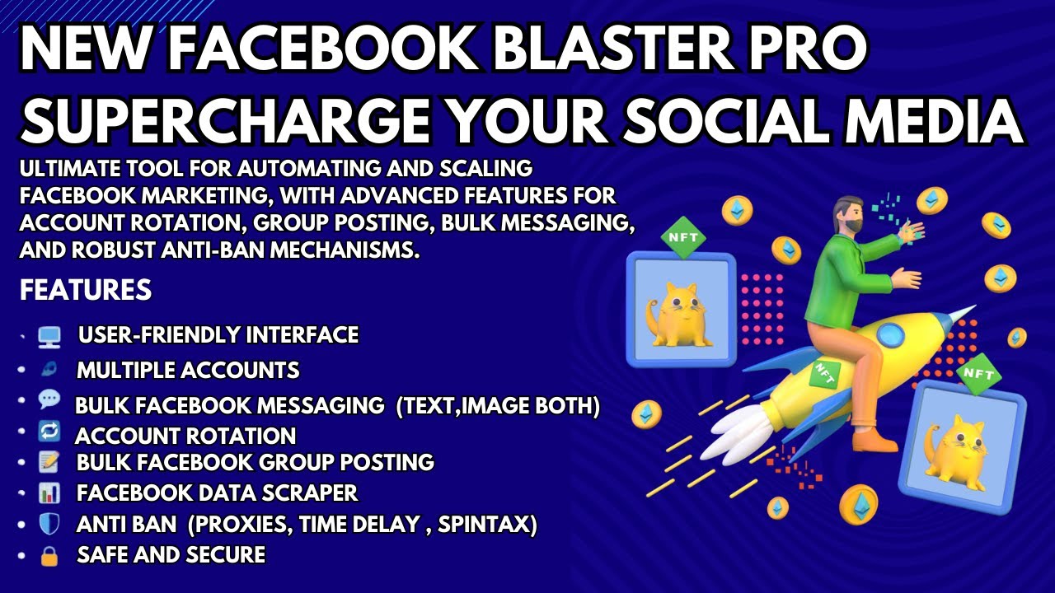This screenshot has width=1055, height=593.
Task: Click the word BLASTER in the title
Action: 595,50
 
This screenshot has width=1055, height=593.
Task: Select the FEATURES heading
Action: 86,290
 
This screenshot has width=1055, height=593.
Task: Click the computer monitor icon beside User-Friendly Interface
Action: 49,336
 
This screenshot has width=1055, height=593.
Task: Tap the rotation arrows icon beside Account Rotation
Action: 49,432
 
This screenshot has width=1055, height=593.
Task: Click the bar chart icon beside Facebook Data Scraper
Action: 49,493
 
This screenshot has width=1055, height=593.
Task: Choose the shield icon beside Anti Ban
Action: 49,524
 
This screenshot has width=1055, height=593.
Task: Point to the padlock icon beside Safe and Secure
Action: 49,556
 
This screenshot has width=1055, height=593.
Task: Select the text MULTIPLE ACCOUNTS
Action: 188,371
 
